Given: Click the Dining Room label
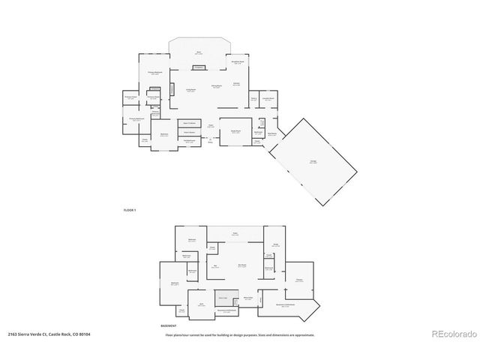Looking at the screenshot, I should click(x=216, y=86).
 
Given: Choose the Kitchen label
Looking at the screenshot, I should click(x=237, y=83).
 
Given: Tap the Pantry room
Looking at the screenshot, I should click(x=254, y=98).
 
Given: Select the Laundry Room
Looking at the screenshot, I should click(x=268, y=98).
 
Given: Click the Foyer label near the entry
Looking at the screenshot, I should click(x=211, y=125).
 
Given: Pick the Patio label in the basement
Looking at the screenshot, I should click(x=235, y=234).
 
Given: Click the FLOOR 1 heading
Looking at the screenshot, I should click(x=129, y=210).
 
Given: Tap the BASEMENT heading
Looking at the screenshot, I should click(x=169, y=326).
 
